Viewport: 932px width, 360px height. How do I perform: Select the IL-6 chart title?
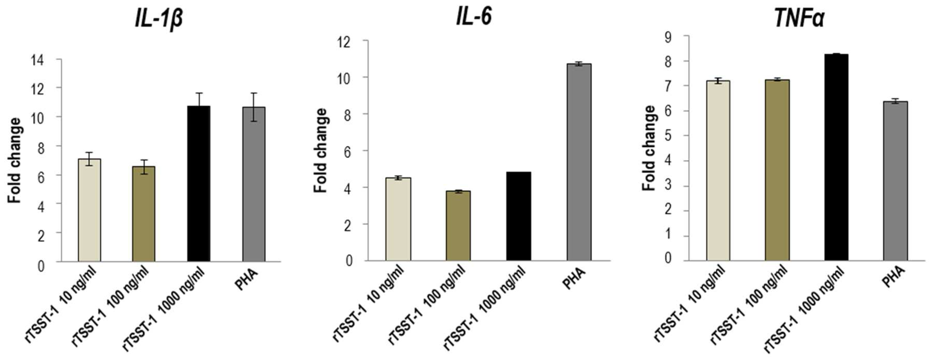(x=474, y=16)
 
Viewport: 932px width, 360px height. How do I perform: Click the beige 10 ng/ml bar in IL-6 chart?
(x=398, y=219)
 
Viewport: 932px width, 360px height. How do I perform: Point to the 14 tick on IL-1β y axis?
(x=38, y=60)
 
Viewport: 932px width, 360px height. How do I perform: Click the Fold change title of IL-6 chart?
(x=320, y=150)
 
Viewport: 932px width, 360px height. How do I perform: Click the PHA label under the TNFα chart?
(x=893, y=277)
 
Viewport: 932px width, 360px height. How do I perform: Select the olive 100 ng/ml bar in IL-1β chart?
(x=143, y=213)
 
